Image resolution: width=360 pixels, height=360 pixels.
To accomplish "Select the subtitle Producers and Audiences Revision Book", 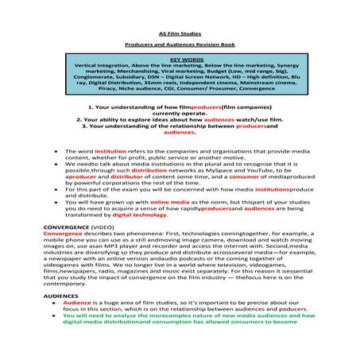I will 180,46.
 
